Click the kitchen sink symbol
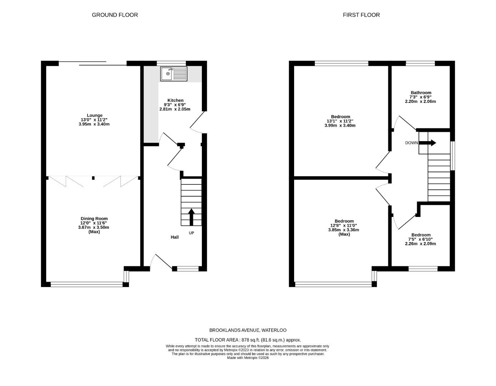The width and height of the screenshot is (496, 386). (x=174, y=74)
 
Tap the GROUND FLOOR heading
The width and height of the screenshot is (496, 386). (x=115, y=15)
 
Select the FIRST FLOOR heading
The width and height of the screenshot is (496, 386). (x=361, y=15)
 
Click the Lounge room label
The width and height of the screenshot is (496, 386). (x=94, y=115)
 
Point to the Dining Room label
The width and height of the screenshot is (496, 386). (x=94, y=218)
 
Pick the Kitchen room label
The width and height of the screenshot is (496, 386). (x=175, y=100)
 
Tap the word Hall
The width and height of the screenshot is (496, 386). (x=175, y=237)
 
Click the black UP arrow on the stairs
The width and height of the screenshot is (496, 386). (x=191, y=217)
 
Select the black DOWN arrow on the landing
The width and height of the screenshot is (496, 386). (x=427, y=143)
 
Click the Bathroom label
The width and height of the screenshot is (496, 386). (x=421, y=93)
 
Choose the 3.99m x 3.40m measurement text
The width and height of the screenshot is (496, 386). (x=340, y=125)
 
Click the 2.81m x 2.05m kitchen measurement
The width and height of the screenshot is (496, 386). (x=175, y=109)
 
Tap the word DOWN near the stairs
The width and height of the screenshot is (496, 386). (x=412, y=143)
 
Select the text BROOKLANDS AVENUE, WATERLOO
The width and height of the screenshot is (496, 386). (x=248, y=330)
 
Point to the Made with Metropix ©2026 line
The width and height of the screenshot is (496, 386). (x=248, y=358)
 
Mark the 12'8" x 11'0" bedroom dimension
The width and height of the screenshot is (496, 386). (x=344, y=225)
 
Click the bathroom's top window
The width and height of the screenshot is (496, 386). (x=420, y=63)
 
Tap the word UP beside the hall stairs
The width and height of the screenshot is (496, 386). (x=191, y=233)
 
